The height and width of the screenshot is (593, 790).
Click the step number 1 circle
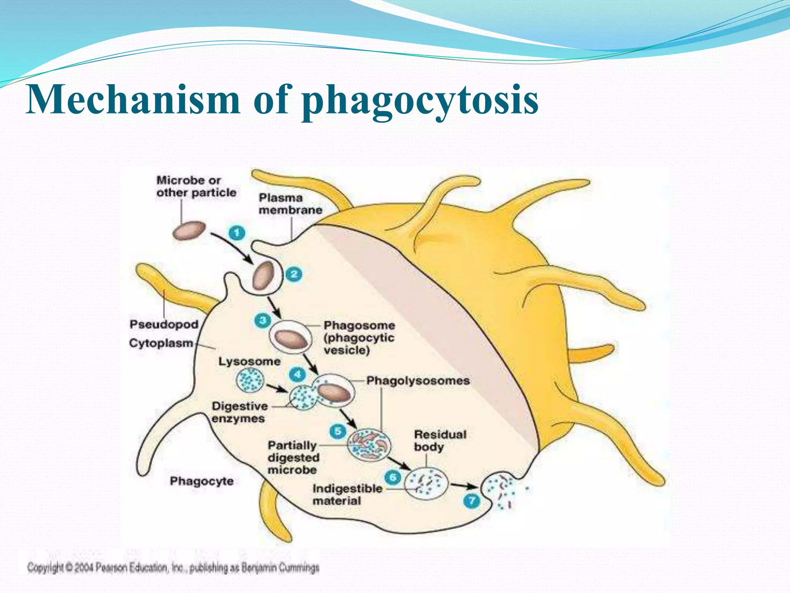[x=237, y=233]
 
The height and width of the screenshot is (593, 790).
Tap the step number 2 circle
[x=294, y=274]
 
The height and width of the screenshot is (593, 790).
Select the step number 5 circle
[x=338, y=431]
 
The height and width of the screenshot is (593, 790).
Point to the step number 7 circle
[x=471, y=501]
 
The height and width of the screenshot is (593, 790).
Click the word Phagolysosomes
[x=418, y=381]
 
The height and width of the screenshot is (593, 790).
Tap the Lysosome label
[x=249, y=362]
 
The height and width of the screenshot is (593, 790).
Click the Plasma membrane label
[x=290, y=204]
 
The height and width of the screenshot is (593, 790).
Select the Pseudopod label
[x=164, y=324]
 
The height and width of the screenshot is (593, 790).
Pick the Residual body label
[x=440, y=441]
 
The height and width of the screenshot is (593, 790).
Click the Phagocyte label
[x=202, y=481]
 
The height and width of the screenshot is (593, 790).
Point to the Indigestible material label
[x=347, y=495]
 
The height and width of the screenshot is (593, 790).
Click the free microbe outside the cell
[x=189, y=230]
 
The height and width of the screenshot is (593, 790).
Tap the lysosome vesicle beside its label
[x=250, y=380]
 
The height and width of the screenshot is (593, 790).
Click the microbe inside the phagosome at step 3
[x=292, y=339]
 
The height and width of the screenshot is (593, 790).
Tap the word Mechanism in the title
[x=133, y=100]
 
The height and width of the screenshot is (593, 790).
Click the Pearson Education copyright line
[x=173, y=568]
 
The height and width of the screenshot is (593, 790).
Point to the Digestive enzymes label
[x=239, y=412]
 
